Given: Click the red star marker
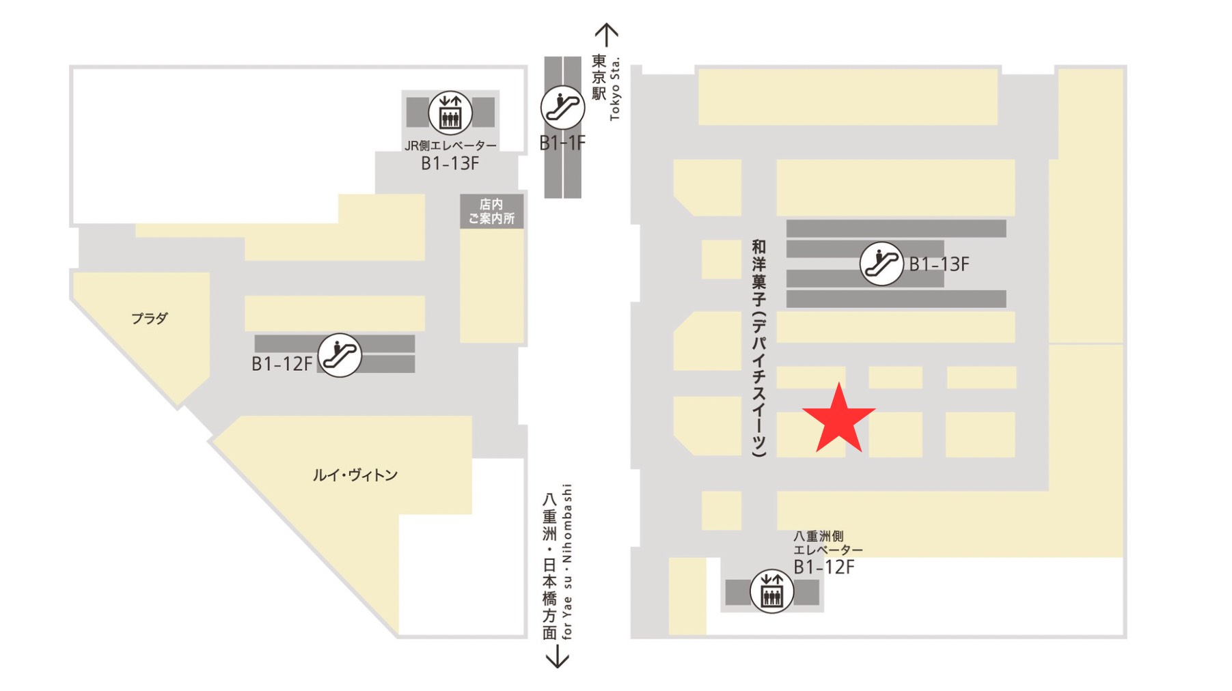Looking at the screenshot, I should pos(838,420).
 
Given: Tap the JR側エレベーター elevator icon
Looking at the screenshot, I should pos(450,113).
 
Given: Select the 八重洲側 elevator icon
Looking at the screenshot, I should pos(771,591).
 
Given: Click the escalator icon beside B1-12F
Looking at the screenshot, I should pos(339,355).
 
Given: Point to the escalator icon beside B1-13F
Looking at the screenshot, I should pos(881,264).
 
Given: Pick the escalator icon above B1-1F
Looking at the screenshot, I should pos(562,107).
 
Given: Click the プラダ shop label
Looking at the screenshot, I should pos(149,318).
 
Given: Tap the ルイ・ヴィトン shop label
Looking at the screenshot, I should pos(355,475).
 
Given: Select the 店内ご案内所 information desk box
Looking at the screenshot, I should pos(491,212).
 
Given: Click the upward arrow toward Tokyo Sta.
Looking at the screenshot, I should pos(606,34).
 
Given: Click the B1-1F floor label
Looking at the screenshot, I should pos(562,143).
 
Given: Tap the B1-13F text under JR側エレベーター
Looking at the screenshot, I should pos(450,163).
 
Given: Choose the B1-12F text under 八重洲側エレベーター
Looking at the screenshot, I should pos(823,567).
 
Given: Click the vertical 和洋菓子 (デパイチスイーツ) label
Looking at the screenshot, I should pos(758,348).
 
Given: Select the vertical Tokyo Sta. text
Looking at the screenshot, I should pos(615,89).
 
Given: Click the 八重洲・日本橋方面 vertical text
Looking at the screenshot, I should pos(549,566).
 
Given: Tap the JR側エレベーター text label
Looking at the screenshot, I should pos(450,145).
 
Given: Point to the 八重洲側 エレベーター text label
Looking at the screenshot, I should pos(827,543).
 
